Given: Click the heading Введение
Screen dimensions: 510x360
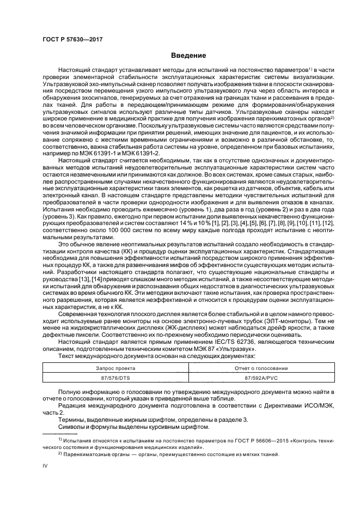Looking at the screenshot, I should [188, 56].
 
